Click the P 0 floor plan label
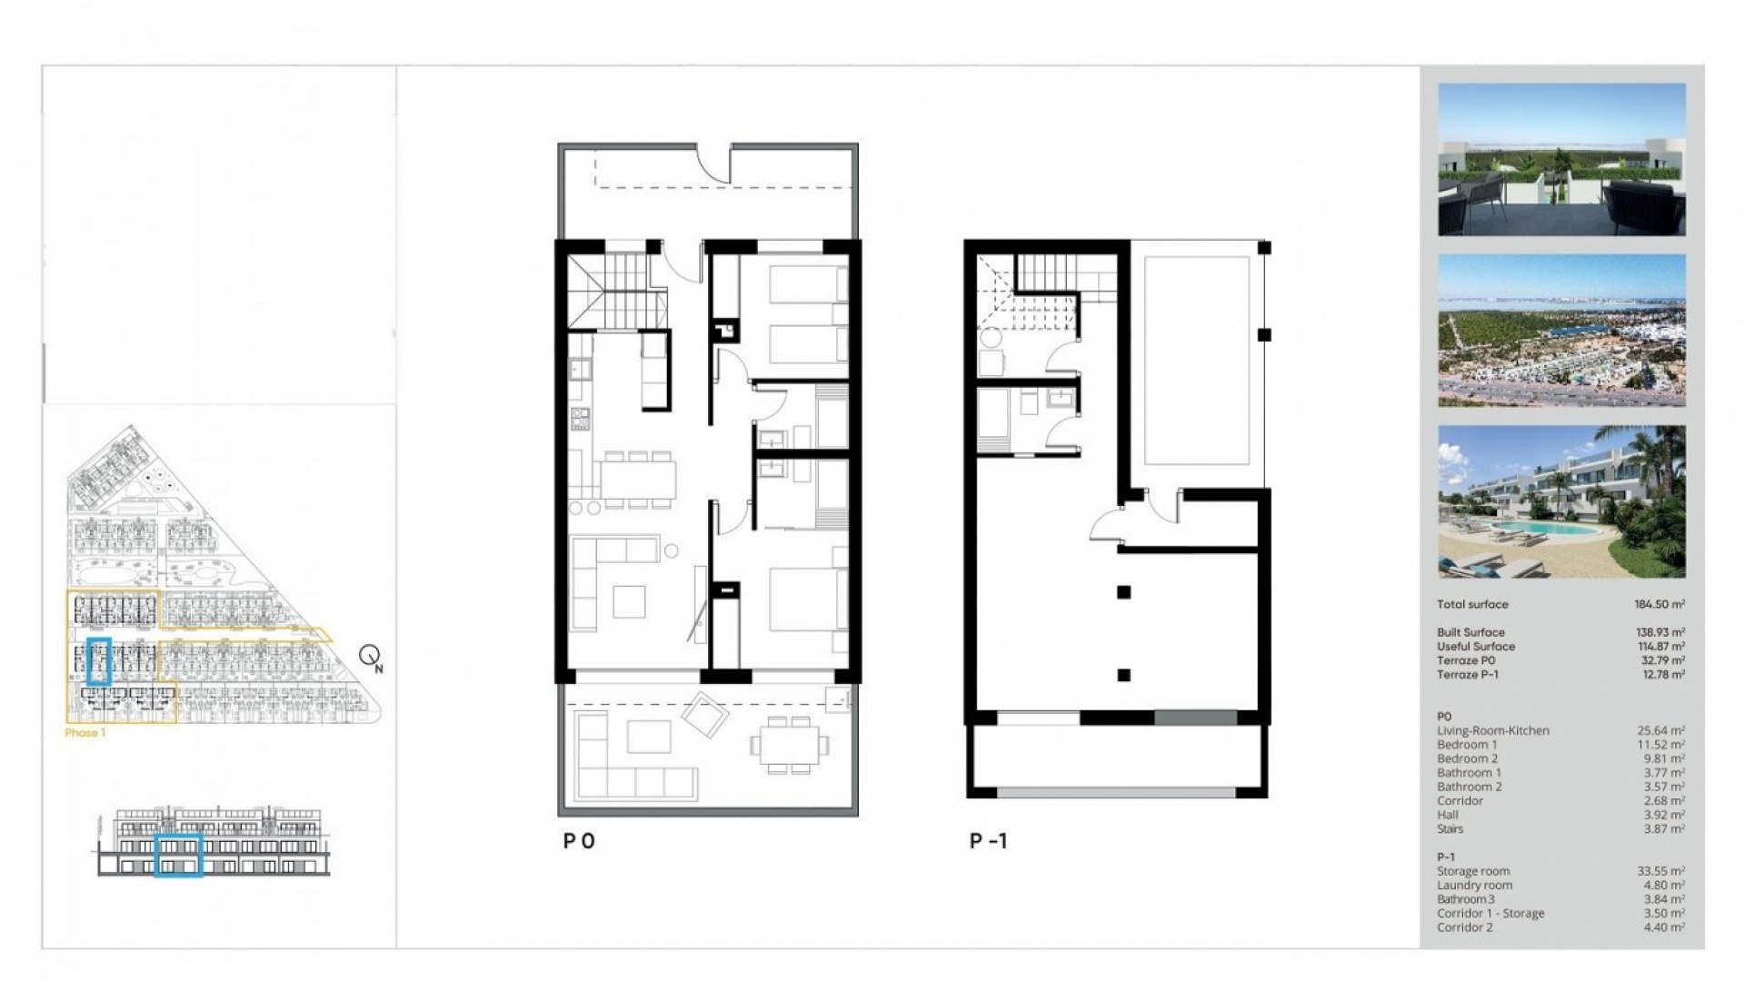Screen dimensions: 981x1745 pyautogui.click(x=579, y=841)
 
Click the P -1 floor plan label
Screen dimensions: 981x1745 pyautogui.click(x=988, y=841)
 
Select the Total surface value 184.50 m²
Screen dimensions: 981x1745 pyautogui.click(x=1659, y=604)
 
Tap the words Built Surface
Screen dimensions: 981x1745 pyautogui.click(x=1471, y=632)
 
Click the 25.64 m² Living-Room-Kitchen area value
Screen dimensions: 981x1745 pyautogui.click(x=1660, y=730)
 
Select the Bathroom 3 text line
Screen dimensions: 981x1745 pyautogui.click(x=1467, y=899)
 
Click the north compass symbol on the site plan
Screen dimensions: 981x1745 pyautogui.click(x=370, y=656)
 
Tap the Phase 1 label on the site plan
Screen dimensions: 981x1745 pyautogui.click(x=85, y=733)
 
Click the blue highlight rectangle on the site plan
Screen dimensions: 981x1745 pyautogui.click(x=99, y=661)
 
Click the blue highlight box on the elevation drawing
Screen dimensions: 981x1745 pyautogui.click(x=178, y=855)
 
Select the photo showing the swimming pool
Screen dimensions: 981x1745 pyautogui.click(x=1561, y=501)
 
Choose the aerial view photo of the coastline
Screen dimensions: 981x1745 pyautogui.click(x=1561, y=331)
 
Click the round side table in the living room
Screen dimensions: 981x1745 pyautogui.click(x=671, y=550)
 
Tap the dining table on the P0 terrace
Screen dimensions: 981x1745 pyautogui.click(x=789, y=744)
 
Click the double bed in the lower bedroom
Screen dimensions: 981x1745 pyautogui.click(x=807, y=599)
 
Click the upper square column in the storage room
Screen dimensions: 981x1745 pyautogui.click(x=1124, y=592)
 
